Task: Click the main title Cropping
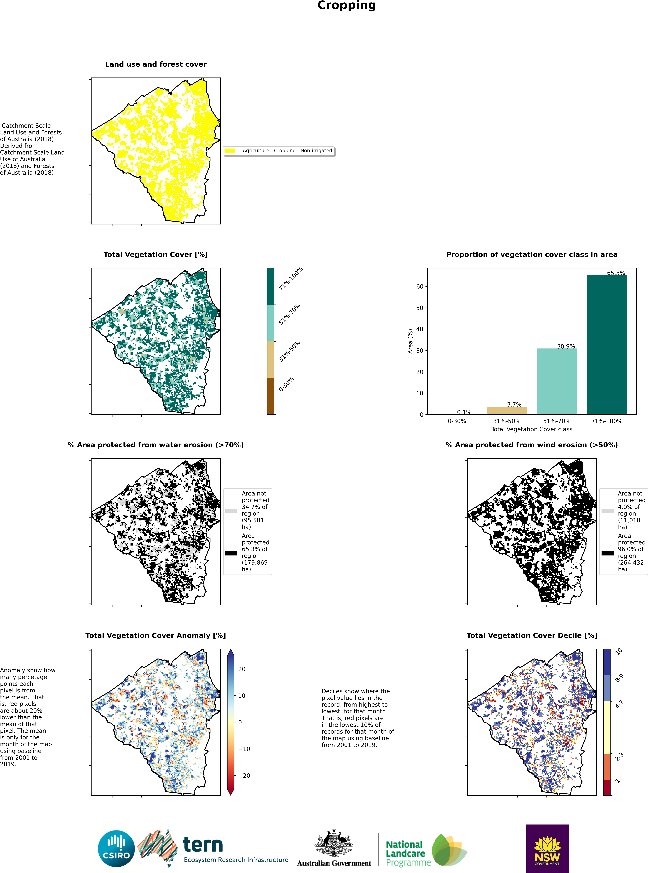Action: [346, 6]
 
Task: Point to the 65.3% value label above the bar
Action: [616, 273]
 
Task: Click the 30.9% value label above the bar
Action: [566, 346]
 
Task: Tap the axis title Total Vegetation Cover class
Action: [531, 429]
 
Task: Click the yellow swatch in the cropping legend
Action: [230, 150]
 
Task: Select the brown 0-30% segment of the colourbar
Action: [271, 396]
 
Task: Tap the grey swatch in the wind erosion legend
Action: [607, 511]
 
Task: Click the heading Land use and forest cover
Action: [156, 64]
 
